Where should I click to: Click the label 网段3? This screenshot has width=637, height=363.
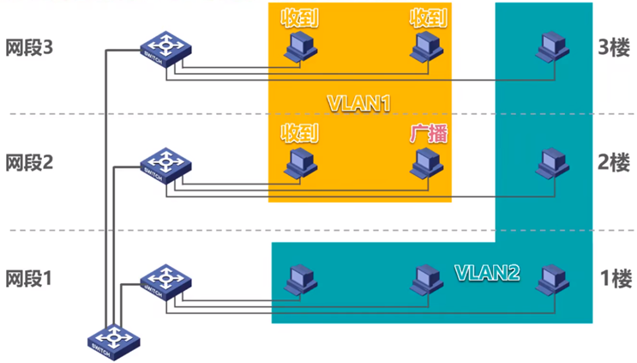pos(29,47)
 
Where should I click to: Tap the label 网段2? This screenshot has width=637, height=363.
pos(29,162)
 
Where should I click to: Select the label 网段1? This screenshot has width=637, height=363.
pos(29,278)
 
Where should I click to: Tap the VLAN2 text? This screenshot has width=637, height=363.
pos(486,273)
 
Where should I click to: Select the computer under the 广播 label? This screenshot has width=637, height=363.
pos(426,163)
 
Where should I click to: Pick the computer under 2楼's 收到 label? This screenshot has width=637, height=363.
pos(300,163)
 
